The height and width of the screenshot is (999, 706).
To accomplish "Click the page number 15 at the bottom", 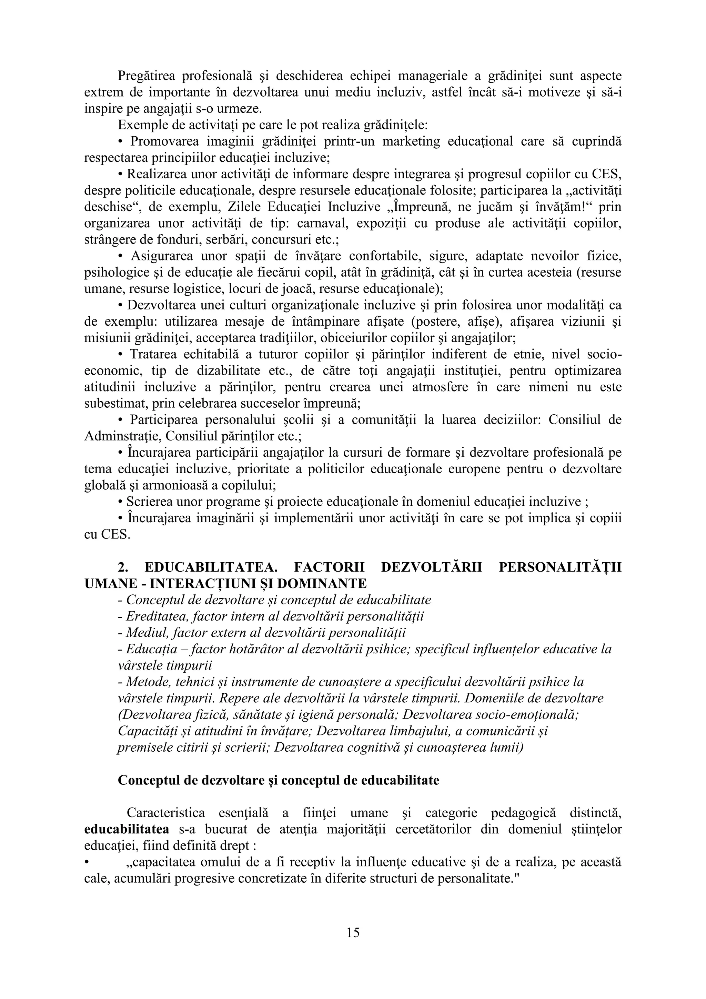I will pos(353,932).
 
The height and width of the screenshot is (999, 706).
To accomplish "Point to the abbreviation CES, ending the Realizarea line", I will pos(606,174).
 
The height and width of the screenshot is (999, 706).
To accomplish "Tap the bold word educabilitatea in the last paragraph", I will pos(127,829).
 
